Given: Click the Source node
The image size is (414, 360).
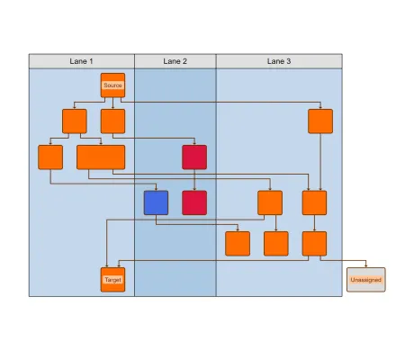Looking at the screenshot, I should pyautogui.click(x=112, y=85).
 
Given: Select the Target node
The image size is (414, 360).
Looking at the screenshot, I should pyautogui.click(x=112, y=280).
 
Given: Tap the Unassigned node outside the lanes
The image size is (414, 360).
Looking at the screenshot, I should pyautogui.click(x=365, y=280).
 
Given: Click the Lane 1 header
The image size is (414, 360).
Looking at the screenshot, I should pyautogui.click(x=82, y=61).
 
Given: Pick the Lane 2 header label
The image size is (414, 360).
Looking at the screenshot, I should pyautogui.click(x=175, y=61).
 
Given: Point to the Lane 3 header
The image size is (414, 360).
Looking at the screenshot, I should pyautogui.click(x=279, y=61).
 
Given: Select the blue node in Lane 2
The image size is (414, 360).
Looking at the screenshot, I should pyautogui.click(x=156, y=202).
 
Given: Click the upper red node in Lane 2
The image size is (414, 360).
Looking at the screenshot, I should pyautogui.click(x=194, y=157).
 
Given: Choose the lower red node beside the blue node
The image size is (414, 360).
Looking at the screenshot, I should pyautogui.click(x=194, y=202).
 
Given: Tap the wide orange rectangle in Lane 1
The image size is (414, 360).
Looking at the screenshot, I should pyautogui.click(x=101, y=157).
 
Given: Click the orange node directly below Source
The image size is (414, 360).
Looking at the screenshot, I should pyautogui.click(x=112, y=121).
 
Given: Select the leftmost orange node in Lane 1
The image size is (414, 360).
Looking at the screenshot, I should pyautogui.click(x=50, y=157).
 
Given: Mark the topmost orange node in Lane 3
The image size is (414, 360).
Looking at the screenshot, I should pyautogui.click(x=320, y=121).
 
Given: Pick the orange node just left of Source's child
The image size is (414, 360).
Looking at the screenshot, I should pyautogui.click(x=74, y=121).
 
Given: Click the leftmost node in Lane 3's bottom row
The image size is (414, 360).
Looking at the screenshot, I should pyautogui.click(x=238, y=243).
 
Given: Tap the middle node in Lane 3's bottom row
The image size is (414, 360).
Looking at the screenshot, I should pyautogui.click(x=275, y=243).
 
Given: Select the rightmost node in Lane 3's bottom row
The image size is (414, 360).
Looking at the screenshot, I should pyautogui.click(x=314, y=243).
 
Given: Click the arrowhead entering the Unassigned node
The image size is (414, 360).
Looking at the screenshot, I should pyautogui.click(x=365, y=265).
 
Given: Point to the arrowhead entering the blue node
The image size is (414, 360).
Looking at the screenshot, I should pyautogui.click(x=156, y=188).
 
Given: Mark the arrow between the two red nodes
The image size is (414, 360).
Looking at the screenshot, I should pyautogui.click(x=194, y=180).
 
